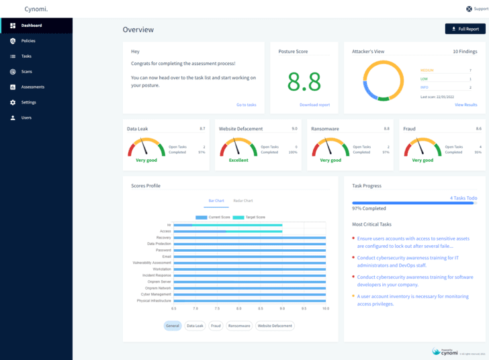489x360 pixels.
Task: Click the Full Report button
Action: click(x=465, y=29)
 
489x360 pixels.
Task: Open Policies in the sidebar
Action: click(x=28, y=41)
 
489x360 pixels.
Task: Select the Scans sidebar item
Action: click(x=26, y=72)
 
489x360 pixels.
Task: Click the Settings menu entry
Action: click(x=28, y=102)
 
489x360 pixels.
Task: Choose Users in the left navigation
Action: click(x=26, y=118)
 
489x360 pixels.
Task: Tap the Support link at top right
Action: click(x=477, y=9)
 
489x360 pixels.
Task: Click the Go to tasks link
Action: click(x=246, y=105)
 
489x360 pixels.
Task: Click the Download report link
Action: click(x=314, y=105)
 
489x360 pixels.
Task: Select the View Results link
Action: click(x=465, y=105)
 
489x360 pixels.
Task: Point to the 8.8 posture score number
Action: click(x=304, y=82)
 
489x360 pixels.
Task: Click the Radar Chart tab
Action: click(x=243, y=200)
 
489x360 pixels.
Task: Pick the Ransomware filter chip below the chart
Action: click(x=238, y=326)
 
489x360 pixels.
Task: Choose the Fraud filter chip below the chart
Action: click(x=216, y=326)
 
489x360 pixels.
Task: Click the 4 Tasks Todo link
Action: click(x=463, y=198)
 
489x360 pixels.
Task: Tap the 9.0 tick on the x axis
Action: click(x=282, y=308)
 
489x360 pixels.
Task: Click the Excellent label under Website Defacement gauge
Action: click(x=238, y=161)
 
